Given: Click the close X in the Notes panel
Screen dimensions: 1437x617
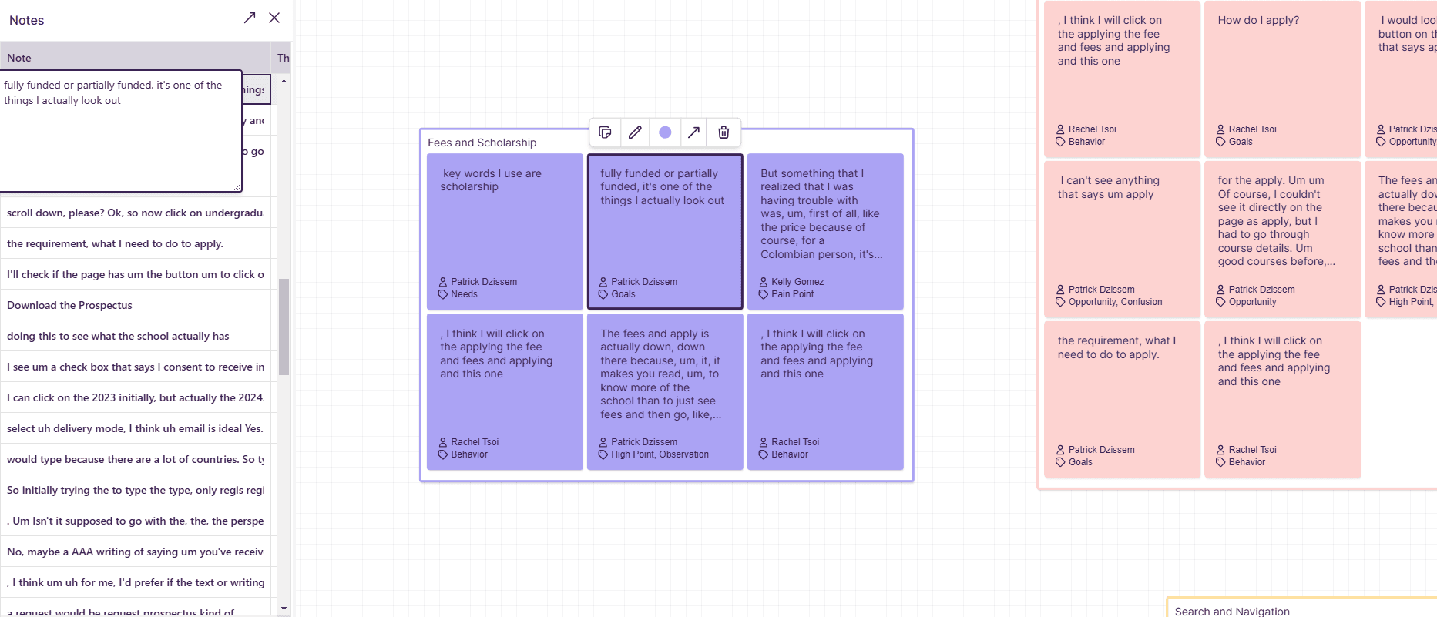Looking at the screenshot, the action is (x=274, y=18).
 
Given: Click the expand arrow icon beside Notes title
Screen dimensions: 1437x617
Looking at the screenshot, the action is (x=250, y=18).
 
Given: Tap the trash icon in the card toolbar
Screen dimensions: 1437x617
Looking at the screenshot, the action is (x=724, y=132).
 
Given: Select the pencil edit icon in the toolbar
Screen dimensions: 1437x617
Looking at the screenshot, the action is (x=635, y=132).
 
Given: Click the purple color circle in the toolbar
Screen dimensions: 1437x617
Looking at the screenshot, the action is (x=665, y=132).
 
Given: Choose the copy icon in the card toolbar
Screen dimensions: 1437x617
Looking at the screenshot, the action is (x=606, y=132).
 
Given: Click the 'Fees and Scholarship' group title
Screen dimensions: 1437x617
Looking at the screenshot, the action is (x=482, y=143).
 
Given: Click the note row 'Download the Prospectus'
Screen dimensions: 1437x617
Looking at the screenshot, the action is (x=69, y=305).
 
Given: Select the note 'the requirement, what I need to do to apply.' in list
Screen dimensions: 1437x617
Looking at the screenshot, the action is (x=115, y=243).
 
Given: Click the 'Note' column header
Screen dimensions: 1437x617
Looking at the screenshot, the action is (x=19, y=58).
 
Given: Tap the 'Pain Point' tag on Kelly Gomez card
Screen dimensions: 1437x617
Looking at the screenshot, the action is (x=792, y=294).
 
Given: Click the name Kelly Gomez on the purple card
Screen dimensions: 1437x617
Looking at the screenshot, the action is (x=797, y=282).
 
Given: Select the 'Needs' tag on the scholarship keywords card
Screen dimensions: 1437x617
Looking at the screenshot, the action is (x=464, y=294).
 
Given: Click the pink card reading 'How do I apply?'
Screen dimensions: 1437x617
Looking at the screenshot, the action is (x=1258, y=21).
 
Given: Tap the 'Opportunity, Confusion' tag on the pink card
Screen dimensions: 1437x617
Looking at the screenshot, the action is (x=1115, y=302).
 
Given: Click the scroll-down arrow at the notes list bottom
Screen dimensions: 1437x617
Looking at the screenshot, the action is (x=284, y=609).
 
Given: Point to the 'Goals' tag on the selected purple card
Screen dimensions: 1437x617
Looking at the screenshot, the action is (x=623, y=294).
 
